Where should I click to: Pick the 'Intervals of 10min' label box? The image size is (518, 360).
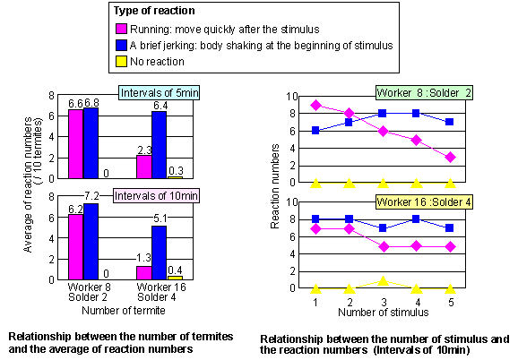(150, 195)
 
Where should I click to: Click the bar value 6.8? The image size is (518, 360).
(91, 103)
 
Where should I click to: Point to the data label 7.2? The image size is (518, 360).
(91, 206)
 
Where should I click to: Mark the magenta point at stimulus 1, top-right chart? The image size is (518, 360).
(315, 105)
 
